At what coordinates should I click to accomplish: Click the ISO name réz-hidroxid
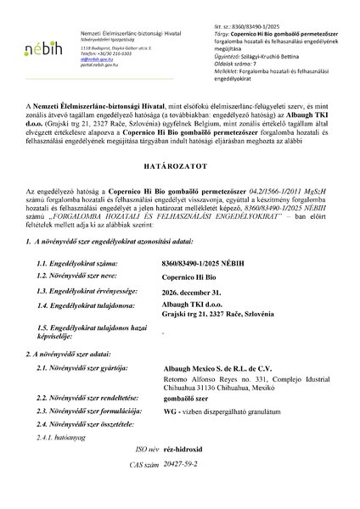pos(187,472)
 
